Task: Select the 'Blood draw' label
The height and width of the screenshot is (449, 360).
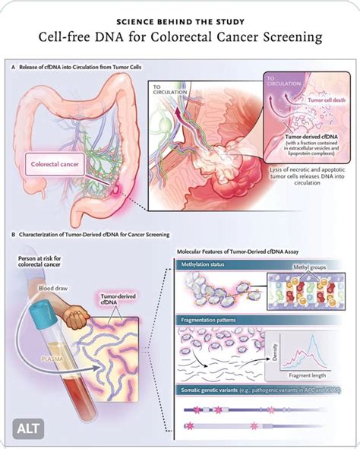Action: click(x=54, y=287)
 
